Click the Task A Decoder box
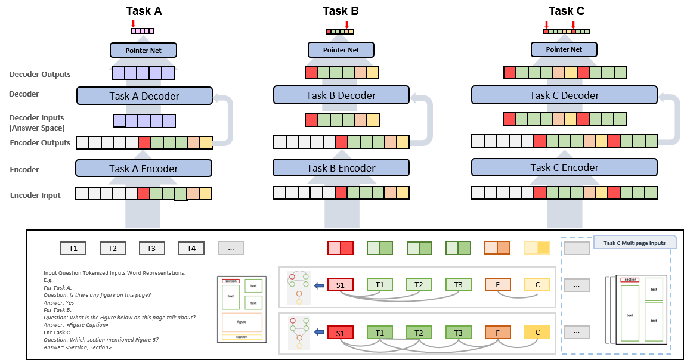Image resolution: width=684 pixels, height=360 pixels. click(x=144, y=96)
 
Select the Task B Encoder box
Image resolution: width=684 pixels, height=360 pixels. click(x=341, y=168)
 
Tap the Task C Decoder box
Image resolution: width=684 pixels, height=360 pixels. click(x=564, y=95)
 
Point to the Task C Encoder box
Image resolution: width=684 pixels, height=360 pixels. click(x=564, y=168)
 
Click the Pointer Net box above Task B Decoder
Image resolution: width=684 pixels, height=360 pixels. click(x=342, y=50)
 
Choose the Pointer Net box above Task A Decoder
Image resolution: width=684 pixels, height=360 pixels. click(x=144, y=50)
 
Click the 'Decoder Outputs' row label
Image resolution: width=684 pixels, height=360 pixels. click(x=40, y=75)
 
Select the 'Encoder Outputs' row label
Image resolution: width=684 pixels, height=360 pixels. click(x=40, y=143)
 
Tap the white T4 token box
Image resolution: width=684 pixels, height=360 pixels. click(x=191, y=248)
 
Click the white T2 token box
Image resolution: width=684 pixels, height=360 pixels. click(x=112, y=248)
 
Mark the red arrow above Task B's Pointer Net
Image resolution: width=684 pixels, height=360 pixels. click(x=346, y=24)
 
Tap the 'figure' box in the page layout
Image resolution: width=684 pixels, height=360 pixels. click(x=242, y=322)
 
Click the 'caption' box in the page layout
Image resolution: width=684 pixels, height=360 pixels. click(x=242, y=337)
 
